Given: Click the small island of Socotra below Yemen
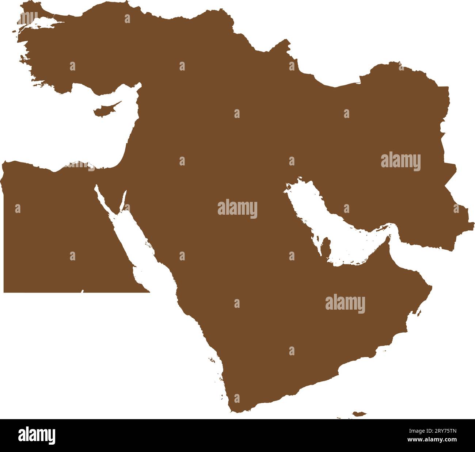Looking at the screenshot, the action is point(359,414).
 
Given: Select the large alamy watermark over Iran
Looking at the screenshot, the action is point(400,161).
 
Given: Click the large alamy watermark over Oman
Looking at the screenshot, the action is point(345,304).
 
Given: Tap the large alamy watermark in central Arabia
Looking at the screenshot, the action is point(237,209).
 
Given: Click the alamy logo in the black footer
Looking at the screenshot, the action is point(37,435).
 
